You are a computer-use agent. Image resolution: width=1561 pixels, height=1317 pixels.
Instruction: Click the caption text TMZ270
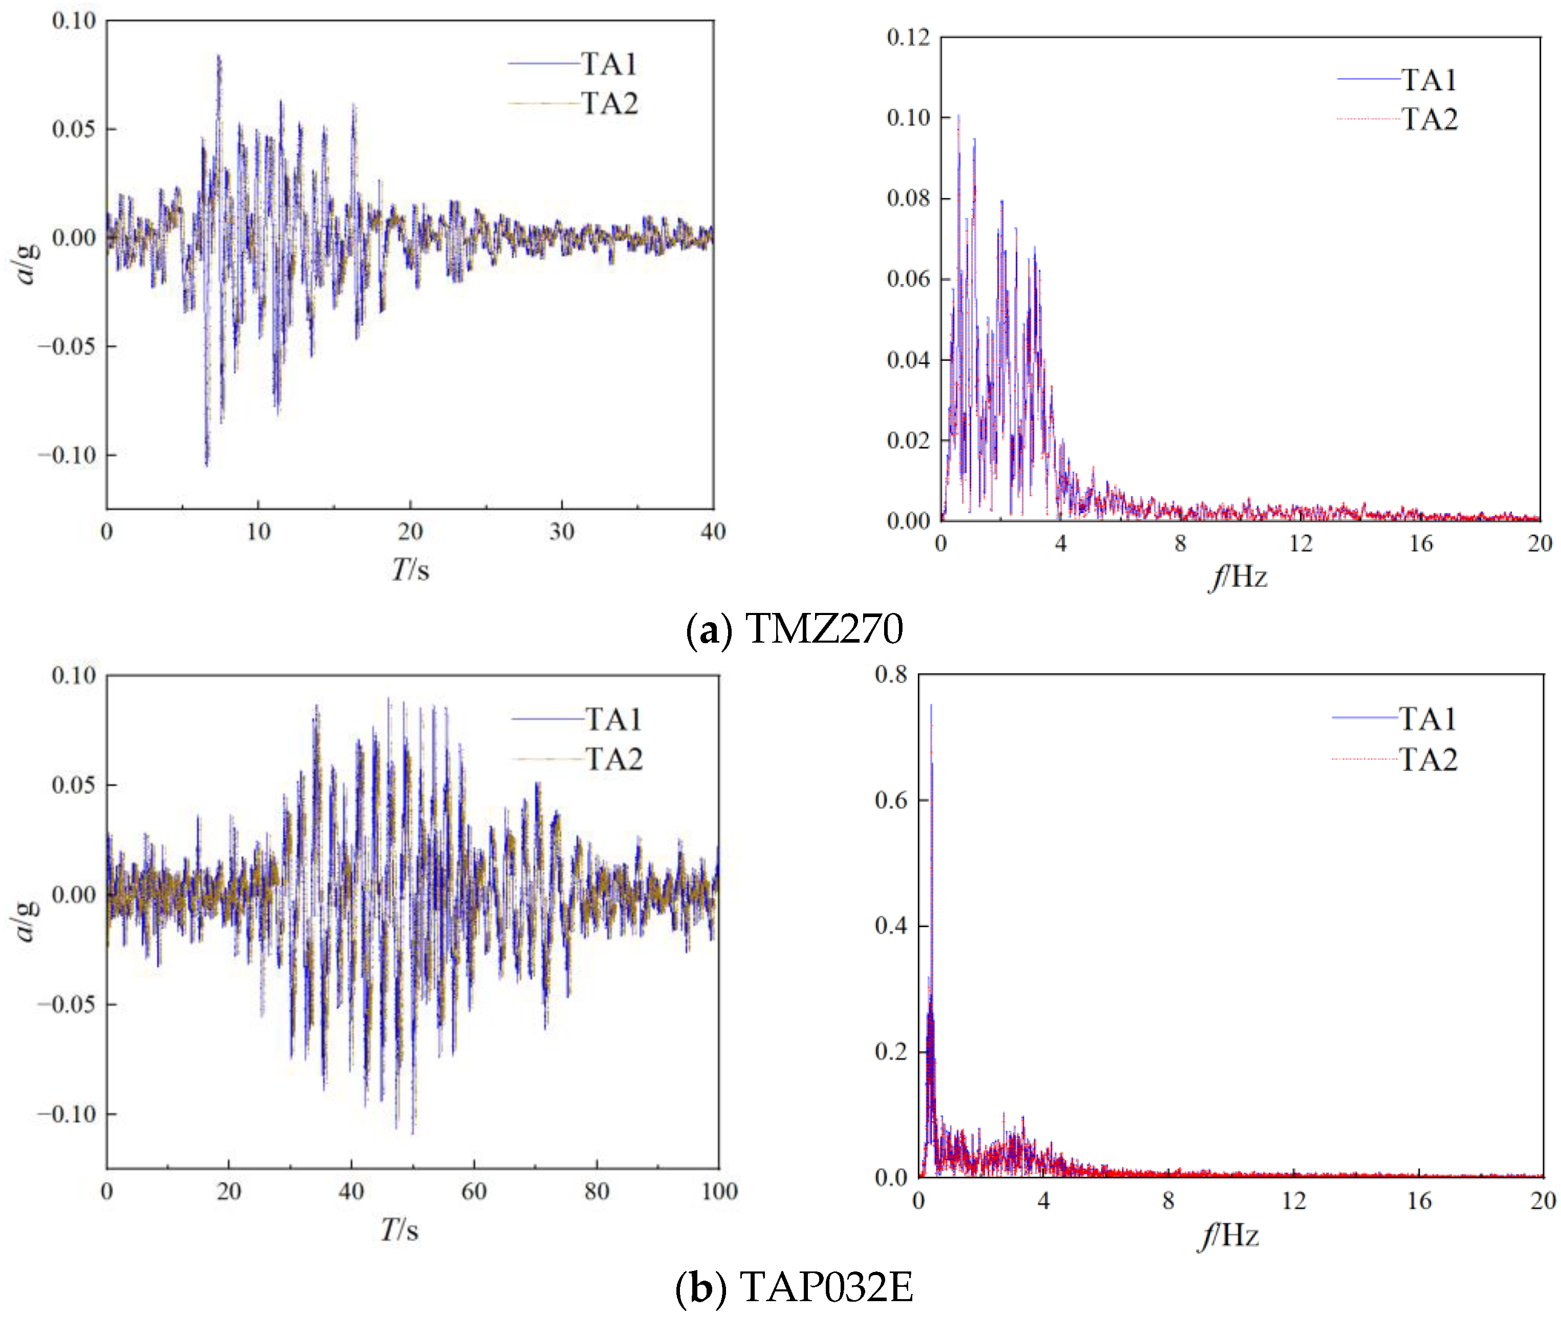point(824,629)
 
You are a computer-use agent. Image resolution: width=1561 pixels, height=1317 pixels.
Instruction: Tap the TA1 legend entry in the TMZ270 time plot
point(608,64)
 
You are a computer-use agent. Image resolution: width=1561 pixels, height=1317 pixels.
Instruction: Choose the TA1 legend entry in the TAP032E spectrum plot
point(1426,719)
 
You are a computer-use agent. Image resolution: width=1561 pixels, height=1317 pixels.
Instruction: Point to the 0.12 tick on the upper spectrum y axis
point(908,37)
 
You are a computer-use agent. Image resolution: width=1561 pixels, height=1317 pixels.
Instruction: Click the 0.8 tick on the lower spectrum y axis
point(891,674)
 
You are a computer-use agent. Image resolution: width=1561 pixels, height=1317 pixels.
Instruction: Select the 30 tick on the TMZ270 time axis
point(561,532)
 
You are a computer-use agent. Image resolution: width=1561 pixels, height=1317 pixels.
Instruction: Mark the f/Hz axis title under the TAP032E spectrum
point(1229,1236)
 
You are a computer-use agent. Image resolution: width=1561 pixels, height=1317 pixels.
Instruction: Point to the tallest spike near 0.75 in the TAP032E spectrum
point(930,706)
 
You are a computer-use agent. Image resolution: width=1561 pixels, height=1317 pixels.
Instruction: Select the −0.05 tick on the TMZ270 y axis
point(67,346)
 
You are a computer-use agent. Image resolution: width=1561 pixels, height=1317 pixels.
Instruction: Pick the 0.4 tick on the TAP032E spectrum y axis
point(891,926)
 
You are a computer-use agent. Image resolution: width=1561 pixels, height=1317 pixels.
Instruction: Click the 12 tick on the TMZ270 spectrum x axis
point(1301,543)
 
